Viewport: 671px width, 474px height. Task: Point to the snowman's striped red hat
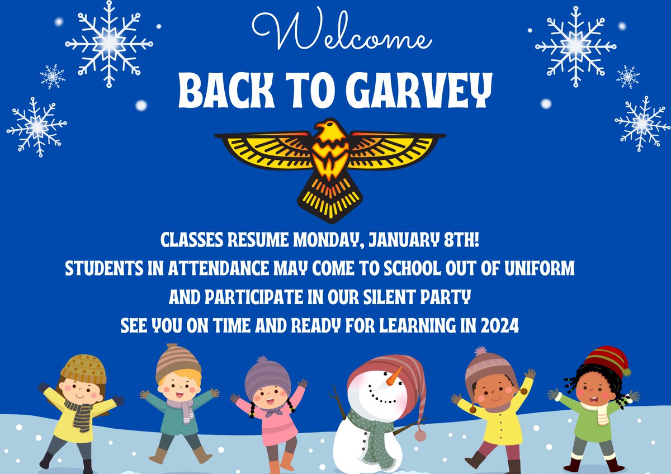(x=386, y=369)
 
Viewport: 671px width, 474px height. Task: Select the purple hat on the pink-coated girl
(x=268, y=375)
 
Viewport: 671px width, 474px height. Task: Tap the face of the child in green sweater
(x=592, y=388)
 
